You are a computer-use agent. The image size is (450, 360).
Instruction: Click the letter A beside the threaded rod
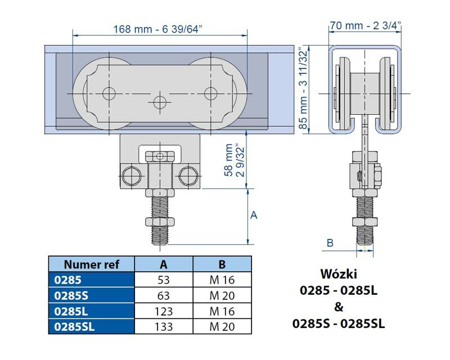coord(254,215)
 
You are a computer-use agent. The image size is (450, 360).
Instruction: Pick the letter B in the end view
coord(330,243)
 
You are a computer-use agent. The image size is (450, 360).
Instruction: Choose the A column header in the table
coord(164,264)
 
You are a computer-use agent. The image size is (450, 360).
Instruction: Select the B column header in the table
coord(222,264)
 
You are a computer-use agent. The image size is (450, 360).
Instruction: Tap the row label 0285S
coord(66,295)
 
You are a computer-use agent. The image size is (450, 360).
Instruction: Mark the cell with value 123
coord(164,310)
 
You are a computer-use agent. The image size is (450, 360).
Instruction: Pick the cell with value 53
coord(164,280)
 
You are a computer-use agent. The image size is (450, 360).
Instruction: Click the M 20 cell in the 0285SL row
coord(222,326)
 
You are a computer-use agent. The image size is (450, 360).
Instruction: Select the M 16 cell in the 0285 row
coord(222,280)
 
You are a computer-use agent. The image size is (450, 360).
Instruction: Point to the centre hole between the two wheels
coord(160,101)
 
